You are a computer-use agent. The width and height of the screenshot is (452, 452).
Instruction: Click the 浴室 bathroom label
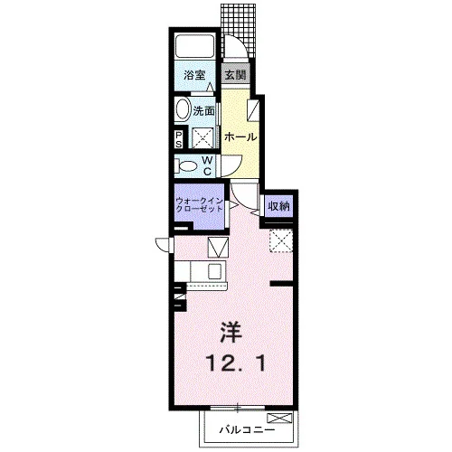pyautogui.click(x=194, y=75)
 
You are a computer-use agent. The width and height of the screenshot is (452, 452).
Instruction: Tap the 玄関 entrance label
pyautogui.click(x=235, y=74)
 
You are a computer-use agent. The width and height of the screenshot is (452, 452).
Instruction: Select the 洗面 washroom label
pyautogui.click(x=203, y=111)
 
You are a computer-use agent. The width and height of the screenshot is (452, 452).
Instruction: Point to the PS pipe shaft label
pyautogui.click(x=179, y=139)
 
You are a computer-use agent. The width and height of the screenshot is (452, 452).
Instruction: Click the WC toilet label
pyautogui.click(x=207, y=165)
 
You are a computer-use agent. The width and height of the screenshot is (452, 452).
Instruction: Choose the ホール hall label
pyautogui.click(x=240, y=137)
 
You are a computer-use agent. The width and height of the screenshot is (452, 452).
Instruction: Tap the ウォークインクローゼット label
pyautogui.click(x=199, y=205)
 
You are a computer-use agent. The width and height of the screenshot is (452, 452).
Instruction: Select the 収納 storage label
pyautogui.click(x=278, y=206)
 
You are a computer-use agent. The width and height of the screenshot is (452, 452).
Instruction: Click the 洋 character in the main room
pyautogui.click(x=231, y=332)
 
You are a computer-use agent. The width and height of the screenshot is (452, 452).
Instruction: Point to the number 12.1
pyautogui.click(x=236, y=363)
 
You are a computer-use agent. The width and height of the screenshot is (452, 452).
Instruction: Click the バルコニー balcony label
pyautogui.click(x=247, y=429)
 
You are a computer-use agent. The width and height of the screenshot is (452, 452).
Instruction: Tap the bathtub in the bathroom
pyautogui.click(x=194, y=46)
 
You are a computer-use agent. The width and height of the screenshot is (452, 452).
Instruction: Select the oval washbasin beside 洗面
pyautogui.click(x=183, y=108)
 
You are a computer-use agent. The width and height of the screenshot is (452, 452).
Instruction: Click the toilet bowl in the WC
pyautogui.click(x=187, y=166)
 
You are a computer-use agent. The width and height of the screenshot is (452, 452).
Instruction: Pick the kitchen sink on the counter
pyautogui.click(x=216, y=270)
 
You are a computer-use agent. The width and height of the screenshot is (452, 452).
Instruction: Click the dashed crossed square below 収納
pyautogui.click(x=281, y=240)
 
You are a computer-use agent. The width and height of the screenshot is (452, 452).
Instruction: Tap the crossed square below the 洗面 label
pyautogui.click(x=202, y=137)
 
